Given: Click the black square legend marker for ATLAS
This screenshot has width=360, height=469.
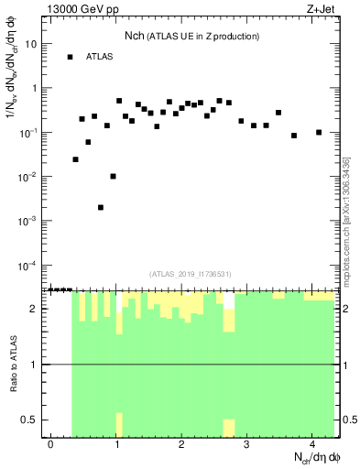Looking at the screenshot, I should [70, 57].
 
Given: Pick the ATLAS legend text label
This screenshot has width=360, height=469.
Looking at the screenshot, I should [100, 57].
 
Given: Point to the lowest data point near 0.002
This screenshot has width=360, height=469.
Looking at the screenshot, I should [101, 207].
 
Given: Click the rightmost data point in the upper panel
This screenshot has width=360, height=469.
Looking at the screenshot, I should [319, 132].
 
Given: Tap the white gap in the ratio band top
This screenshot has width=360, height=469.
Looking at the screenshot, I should [229, 300].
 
